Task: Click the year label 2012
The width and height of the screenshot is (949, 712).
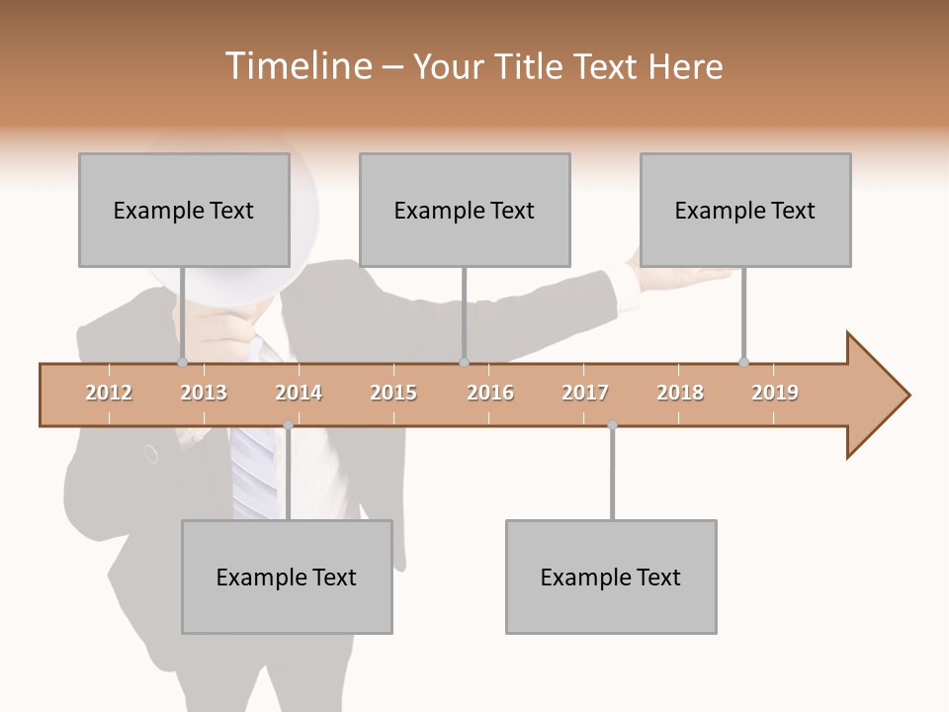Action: click(109, 393)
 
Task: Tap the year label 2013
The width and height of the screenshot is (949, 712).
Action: click(204, 393)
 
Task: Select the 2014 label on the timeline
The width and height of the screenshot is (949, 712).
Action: click(299, 393)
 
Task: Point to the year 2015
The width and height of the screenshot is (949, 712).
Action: click(393, 393)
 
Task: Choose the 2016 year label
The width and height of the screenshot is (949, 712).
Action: click(490, 393)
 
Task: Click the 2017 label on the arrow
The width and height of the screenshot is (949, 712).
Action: click(585, 393)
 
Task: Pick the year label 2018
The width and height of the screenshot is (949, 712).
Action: click(680, 393)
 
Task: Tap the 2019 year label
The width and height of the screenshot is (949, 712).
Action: click(775, 393)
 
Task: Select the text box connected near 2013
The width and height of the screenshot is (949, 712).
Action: click(184, 210)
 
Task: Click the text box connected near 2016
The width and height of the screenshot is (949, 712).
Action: click(465, 210)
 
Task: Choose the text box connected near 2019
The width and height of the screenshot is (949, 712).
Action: click(745, 210)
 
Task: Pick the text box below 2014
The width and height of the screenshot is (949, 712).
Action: click(287, 577)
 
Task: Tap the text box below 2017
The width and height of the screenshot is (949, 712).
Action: click(611, 577)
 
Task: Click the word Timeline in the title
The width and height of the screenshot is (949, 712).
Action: click(297, 66)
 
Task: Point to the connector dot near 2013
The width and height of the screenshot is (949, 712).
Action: click(183, 362)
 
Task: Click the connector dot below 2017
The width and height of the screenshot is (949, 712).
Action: click(612, 425)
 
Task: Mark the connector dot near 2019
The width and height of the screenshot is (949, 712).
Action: click(743, 362)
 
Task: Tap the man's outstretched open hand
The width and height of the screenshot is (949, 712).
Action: click(692, 276)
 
